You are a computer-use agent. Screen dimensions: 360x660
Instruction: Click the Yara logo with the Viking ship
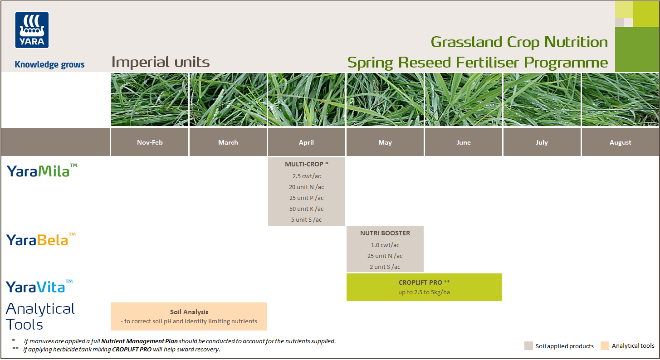(x=32, y=30)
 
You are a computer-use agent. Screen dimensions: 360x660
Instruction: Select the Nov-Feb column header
(x=150, y=142)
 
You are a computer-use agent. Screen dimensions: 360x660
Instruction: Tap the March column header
(x=228, y=142)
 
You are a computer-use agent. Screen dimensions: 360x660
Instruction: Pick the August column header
(x=620, y=142)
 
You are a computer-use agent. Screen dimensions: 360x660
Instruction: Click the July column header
(x=542, y=142)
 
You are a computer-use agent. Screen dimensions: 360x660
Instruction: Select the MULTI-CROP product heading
(x=304, y=164)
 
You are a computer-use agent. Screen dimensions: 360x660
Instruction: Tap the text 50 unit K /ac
(x=307, y=209)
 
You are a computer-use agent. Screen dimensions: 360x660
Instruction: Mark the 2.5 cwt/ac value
(x=307, y=176)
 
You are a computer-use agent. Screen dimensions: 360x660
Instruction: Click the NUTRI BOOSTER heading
(x=385, y=233)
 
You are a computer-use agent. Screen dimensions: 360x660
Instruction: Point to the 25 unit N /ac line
(x=385, y=256)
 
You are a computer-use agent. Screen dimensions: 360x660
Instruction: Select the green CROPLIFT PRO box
(x=424, y=287)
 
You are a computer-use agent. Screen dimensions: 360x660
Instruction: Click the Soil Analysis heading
(x=189, y=312)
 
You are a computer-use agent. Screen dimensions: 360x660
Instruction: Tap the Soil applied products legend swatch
(x=528, y=345)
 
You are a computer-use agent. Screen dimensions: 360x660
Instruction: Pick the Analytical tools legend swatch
(x=605, y=345)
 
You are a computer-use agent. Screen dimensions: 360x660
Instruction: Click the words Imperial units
(x=161, y=62)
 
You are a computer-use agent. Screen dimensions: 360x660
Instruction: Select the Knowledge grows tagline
(x=49, y=64)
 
